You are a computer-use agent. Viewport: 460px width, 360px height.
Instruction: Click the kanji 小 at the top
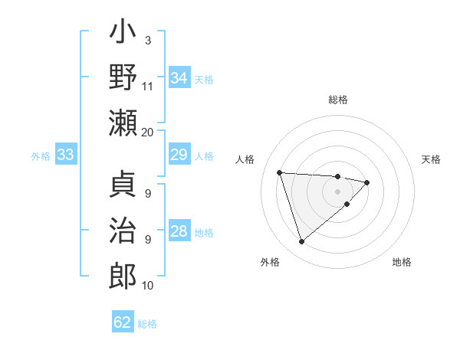pyautogui.click(x=123, y=36)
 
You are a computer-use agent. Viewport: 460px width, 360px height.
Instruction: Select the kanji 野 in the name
pyautogui.click(x=123, y=78)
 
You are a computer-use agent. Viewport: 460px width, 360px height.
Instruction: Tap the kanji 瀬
pyautogui.click(x=123, y=123)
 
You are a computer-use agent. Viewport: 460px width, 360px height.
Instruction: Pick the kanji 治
pyautogui.click(x=123, y=230)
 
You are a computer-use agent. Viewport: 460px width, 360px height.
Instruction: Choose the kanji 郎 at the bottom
pyautogui.click(x=123, y=274)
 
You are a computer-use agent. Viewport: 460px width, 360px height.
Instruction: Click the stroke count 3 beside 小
pyautogui.click(x=148, y=40)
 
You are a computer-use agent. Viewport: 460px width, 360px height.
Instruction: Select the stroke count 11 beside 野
pyautogui.click(x=148, y=86)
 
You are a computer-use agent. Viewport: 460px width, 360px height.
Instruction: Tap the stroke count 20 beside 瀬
pyautogui.click(x=148, y=132)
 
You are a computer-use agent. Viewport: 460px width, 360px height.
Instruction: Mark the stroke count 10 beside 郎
pyautogui.click(x=148, y=286)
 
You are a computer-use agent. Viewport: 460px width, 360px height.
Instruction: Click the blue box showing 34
pyautogui.click(x=179, y=78)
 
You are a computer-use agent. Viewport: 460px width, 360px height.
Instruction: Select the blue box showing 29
pyautogui.click(x=179, y=155)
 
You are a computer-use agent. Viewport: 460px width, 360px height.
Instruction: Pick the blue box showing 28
pyautogui.click(x=179, y=231)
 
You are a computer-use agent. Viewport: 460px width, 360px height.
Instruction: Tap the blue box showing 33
pyautogui.click(x=65, y=155)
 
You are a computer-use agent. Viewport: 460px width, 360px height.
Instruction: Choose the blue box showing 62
pyautogui.click(x=123, y=322)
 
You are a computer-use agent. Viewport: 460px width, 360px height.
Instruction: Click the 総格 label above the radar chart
pyautogui.click(x=337, y=100)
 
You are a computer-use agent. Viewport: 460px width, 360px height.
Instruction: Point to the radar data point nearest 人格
pyautogui.click(x=280, y=172)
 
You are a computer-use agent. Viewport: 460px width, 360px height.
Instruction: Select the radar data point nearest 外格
pyautogui.click(x=301, y=242)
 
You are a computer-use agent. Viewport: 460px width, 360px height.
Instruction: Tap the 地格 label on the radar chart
pyautogui.click(x=402, y=262)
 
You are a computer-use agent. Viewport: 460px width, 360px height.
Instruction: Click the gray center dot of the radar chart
pyautogui.click(x=337, y=191)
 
